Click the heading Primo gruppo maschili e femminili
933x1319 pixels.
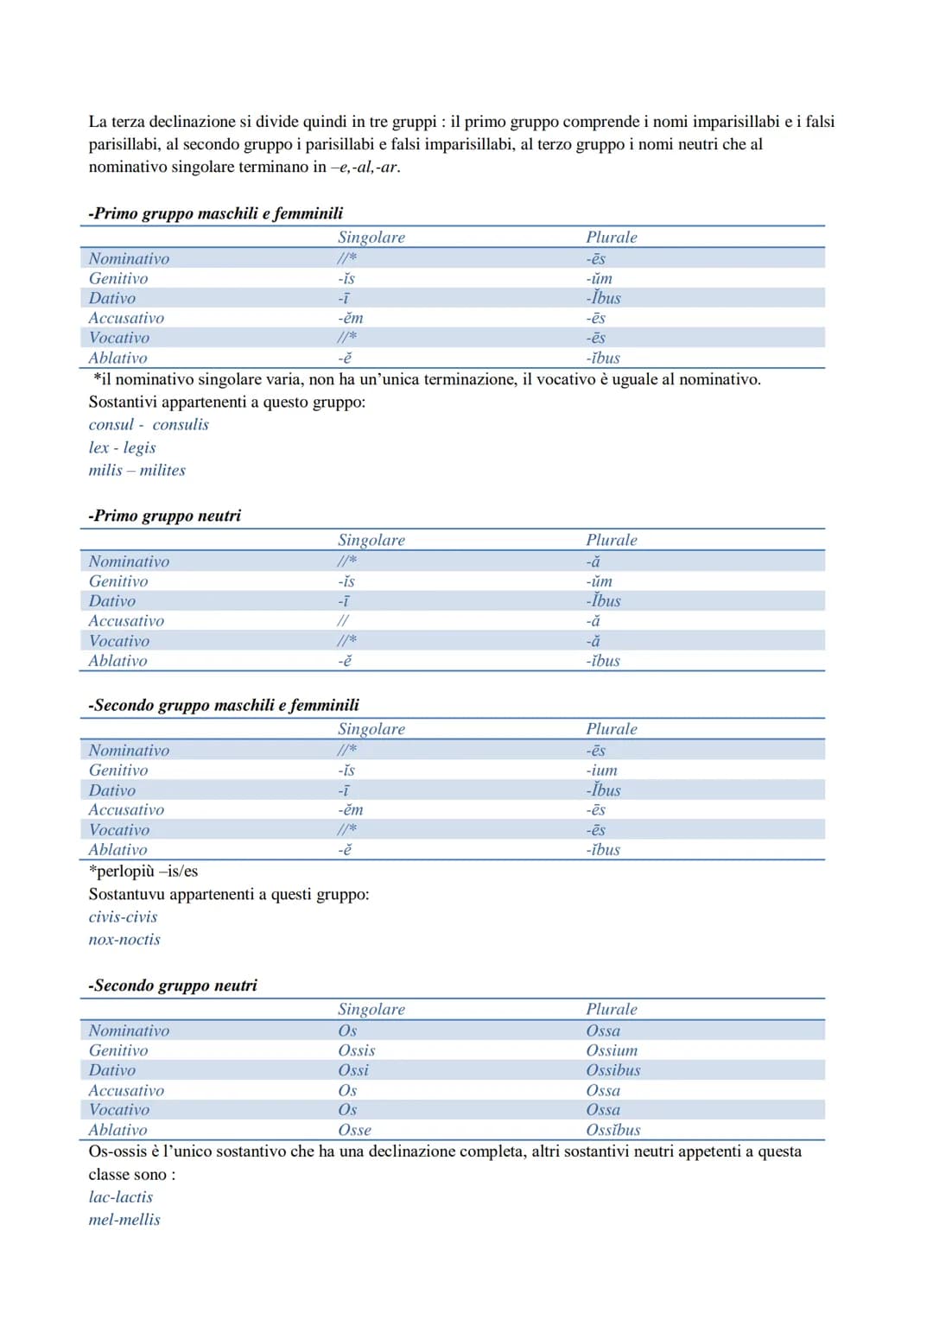(216, 213)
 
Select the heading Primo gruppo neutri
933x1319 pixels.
(165, 516)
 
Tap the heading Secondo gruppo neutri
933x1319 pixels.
(173, 986)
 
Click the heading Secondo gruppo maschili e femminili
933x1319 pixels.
(224, 705)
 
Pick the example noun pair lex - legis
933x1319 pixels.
(122, 447)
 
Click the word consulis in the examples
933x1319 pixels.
(181, 425)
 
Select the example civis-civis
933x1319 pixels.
(123, 917)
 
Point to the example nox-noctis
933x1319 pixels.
(124, 940)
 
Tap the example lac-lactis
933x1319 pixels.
(120, 1197)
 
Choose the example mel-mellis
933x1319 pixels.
(124, 1220)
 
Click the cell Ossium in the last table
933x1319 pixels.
(612, 1050)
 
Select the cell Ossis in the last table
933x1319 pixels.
(356, 1050)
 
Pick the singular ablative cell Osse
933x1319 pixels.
(354, 1130)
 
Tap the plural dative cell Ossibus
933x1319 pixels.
(613, 1070)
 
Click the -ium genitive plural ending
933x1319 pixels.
(601, 770)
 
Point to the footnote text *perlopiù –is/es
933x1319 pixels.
(143, 872)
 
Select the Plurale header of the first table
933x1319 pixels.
(612, 238)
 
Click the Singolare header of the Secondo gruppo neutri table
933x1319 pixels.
(371, 1010)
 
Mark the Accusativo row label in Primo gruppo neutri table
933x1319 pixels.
(126, 621)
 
